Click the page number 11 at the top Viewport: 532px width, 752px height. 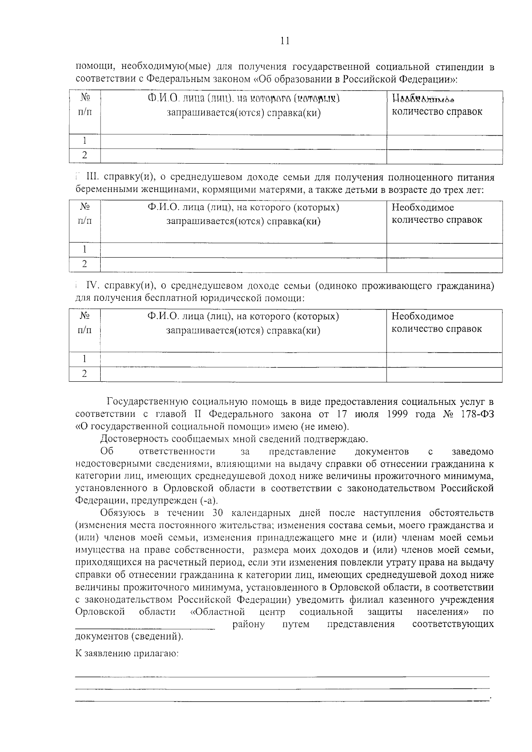(285, 41)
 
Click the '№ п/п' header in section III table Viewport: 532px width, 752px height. (85, 214)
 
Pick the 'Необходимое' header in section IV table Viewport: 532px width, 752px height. (422, 317)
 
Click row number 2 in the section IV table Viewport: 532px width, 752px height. (85, 374)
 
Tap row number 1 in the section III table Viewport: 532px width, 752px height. (85, 250)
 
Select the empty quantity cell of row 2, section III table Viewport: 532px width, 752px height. (444, 265)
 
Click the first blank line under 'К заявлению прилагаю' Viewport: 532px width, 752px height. (282, 676)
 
